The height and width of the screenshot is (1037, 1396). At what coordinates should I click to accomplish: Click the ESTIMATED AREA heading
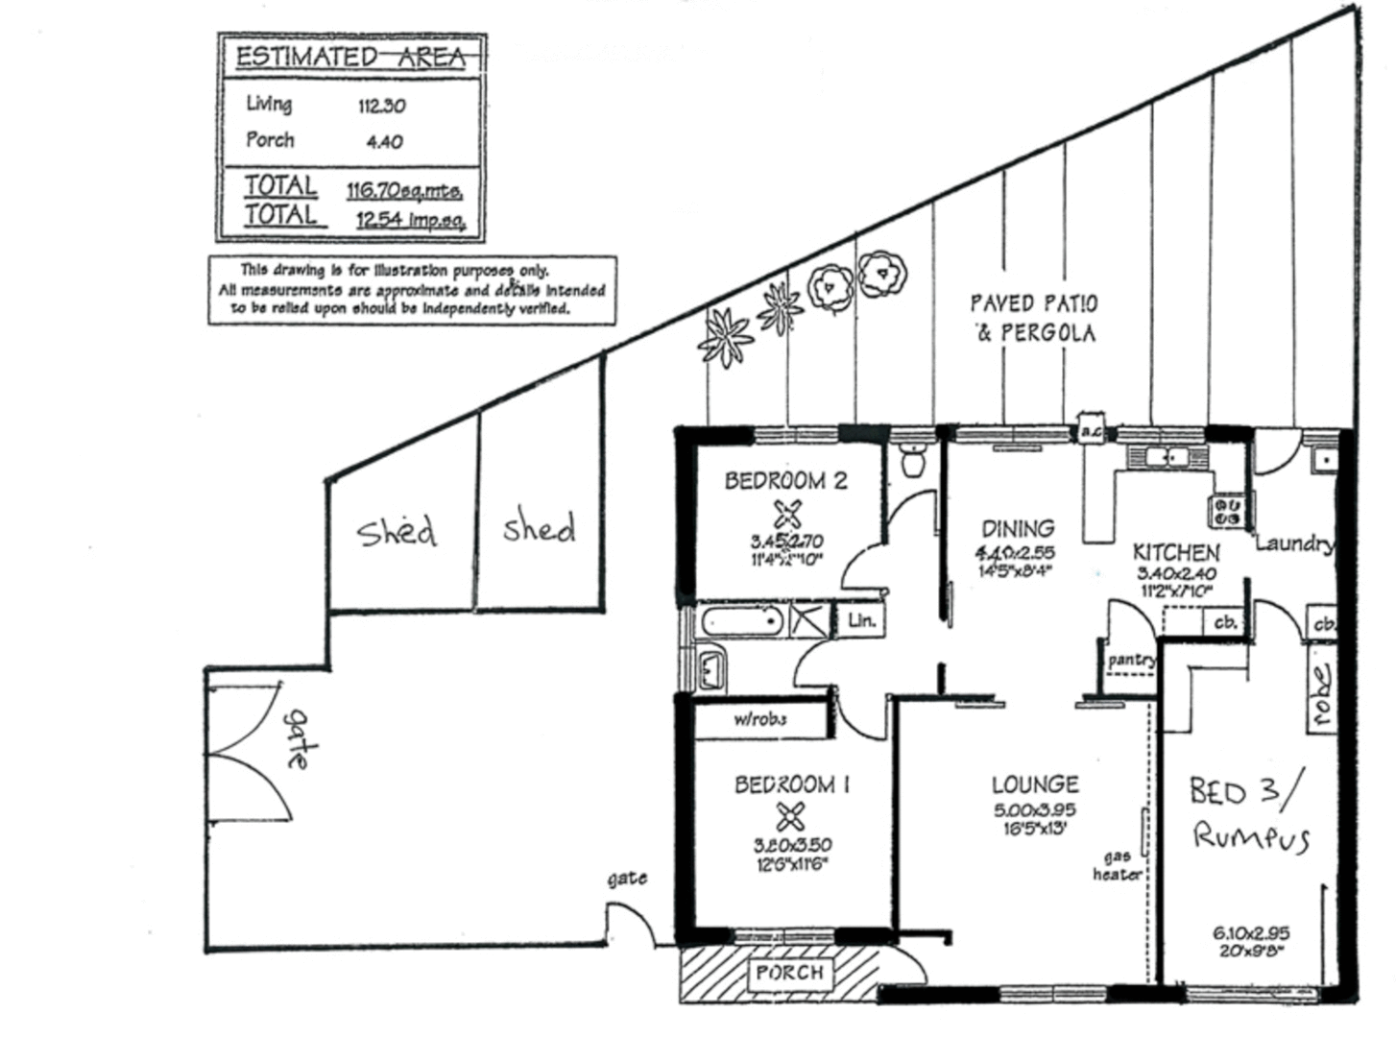[351, 57]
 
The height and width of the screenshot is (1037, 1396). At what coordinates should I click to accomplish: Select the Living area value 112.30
[381, 106]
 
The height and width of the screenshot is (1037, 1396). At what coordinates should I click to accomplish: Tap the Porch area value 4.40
[384, 141]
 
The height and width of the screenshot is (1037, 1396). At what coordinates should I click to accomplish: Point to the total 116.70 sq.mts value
[404, 190]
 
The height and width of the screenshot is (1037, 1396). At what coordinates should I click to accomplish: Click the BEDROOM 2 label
[785, 480]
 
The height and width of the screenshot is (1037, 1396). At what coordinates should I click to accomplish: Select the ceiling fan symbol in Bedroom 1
[790, 818]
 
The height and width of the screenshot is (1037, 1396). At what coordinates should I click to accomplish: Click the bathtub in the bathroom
[740, 621]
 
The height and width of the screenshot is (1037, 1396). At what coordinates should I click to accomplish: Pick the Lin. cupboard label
[861, 620]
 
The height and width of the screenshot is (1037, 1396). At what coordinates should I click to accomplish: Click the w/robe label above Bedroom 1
[760, 719]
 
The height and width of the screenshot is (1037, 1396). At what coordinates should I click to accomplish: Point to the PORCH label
[789, 973]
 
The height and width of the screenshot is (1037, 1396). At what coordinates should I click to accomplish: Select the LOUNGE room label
[1035, 784]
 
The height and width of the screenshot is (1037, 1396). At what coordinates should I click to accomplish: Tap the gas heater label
[1117, 865]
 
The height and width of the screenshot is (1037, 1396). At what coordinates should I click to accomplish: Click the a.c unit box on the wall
[1091, 430]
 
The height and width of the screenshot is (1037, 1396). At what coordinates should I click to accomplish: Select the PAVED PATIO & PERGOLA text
[1034, 318]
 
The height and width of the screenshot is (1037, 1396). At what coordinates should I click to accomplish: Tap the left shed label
[397, 531]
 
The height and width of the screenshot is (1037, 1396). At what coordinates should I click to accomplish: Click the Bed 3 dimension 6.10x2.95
[1250, 932]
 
